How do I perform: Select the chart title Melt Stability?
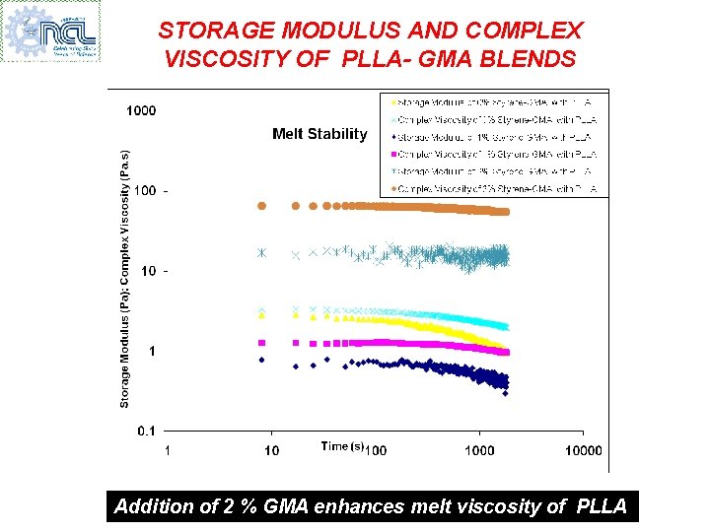click(x=319, y=134)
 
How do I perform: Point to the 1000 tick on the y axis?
click(x=140, y=110)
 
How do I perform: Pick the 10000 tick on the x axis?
click(x=583, y=450)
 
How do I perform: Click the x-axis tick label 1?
click(x=167, y=450)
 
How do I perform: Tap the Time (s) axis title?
click(x=343, y=446)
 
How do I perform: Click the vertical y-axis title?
click(x=125, y=279)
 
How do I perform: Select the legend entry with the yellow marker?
click(x=494, y=101)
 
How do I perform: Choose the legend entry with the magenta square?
click(x=494, y=154)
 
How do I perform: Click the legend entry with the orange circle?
click(x=494, y=188)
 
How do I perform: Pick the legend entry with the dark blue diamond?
click(x=494, y=137)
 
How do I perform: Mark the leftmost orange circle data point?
click(x=261, y=206)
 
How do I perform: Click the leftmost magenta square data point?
click(x=261, y=343)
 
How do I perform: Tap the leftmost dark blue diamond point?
click(x=261, y=360)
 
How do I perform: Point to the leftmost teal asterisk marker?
click(x=261, y=253)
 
